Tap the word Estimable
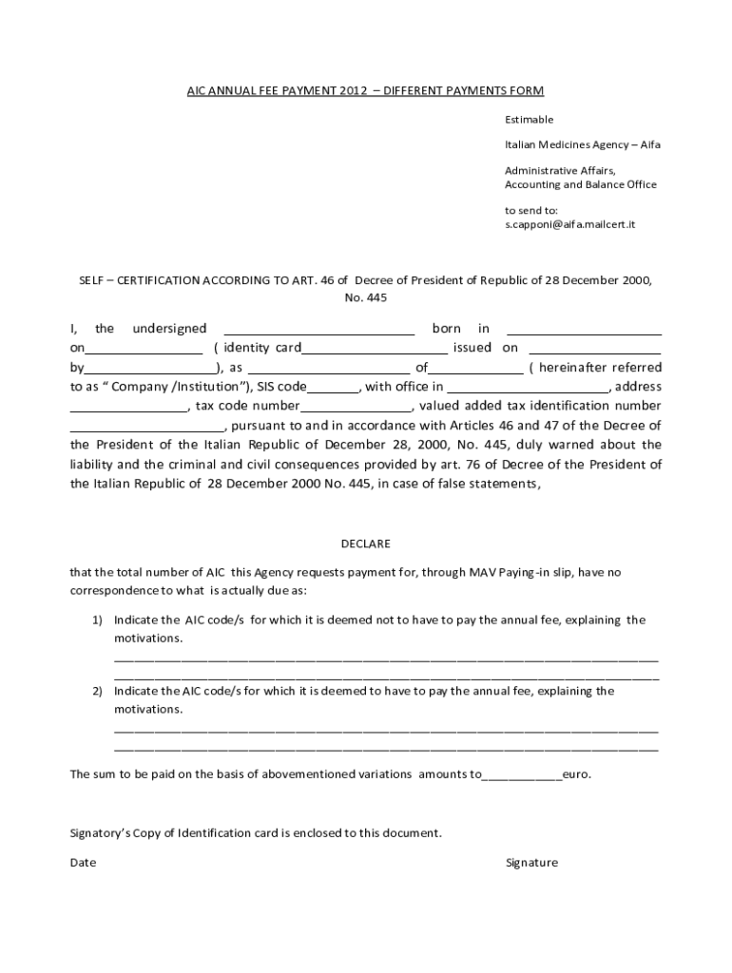point(529,120)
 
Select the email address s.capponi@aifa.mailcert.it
point(569,224)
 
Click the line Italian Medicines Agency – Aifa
point(582,144)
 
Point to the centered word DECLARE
point(365,544)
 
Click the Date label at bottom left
point(83,863)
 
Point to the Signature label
point(531,863)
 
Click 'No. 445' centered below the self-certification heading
point(365,297)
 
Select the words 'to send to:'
point(530,210)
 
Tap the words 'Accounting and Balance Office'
point(580,184)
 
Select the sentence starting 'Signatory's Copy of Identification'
point(256,833)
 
